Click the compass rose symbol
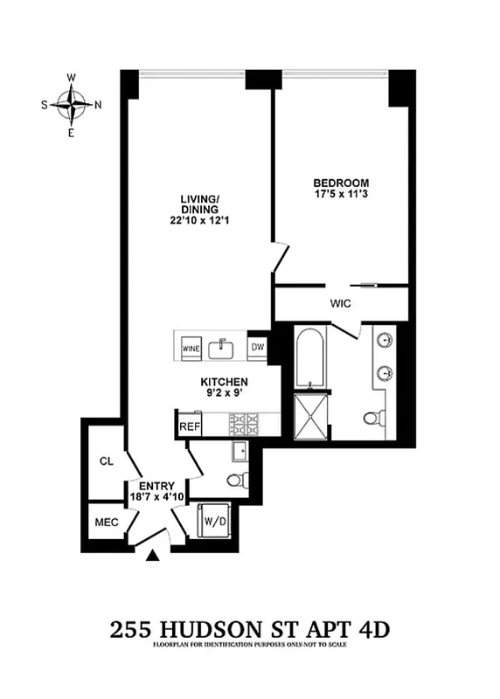(71, 105)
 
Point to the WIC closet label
(341, 304)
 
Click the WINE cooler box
(191, 349)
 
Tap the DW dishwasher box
(258, 347)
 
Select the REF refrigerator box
(190, 426)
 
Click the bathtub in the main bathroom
(310, 358)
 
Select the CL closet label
(107, 460)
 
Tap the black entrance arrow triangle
(154, 555)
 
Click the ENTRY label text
(157, 486)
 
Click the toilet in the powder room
(235, 479)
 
